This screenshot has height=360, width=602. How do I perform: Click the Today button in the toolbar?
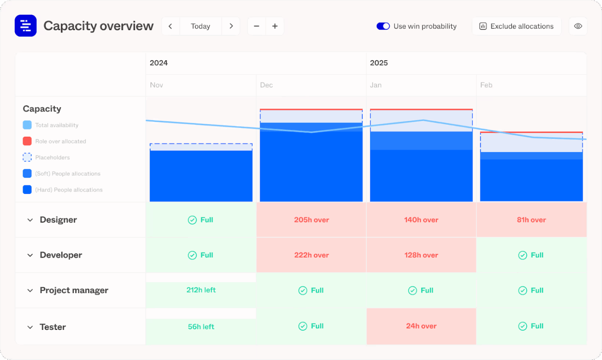[200, 26]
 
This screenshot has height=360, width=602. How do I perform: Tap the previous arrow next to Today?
[171, 26]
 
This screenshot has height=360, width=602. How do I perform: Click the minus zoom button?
[257, 26]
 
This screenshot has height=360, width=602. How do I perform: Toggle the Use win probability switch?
[383, 26]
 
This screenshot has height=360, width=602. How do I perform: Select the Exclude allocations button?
[516, 26]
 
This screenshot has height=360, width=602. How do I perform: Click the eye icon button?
[578, 26]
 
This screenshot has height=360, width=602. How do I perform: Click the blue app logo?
[25, 26]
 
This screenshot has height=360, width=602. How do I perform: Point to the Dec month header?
[267, 85]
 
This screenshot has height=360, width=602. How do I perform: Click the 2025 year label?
[379, 63]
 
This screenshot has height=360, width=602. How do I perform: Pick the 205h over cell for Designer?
[311, 220]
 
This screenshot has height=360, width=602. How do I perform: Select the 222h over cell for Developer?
[311, 255]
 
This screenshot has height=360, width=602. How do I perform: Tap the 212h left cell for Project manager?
[201, 290]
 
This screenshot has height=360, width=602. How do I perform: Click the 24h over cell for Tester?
[421, 326]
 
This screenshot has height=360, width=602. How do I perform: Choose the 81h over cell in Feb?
[531, 220]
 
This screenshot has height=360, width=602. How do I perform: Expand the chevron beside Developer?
[30, 255]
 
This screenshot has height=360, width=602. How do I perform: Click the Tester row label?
[52, 327]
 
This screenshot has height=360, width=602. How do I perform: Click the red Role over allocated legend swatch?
[27, 141]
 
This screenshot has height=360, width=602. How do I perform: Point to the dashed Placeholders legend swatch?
[27, 157]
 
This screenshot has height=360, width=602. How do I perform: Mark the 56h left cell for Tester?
[201, 327]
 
